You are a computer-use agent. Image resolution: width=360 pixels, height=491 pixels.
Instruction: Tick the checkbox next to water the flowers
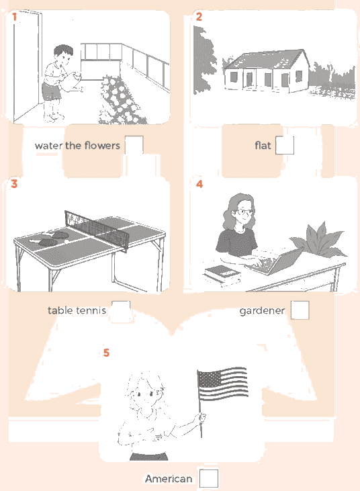(134, 145)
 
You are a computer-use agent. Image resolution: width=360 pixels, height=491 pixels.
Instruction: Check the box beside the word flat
(285, 145)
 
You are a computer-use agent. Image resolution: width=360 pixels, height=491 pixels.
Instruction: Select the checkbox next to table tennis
(121, 310)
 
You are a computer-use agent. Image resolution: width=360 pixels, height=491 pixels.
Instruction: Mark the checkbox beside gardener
(300, 310)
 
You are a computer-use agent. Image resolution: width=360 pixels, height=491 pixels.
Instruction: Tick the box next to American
(209, 478)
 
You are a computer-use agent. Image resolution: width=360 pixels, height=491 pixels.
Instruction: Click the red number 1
(14, 17)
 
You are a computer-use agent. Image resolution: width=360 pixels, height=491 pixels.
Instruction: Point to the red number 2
(199, 17)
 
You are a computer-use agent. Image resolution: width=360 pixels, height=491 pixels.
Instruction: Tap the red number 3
(14, 184)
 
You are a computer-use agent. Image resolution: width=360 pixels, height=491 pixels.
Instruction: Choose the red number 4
(199, 184)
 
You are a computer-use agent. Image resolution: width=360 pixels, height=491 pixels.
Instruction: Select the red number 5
(106, 353)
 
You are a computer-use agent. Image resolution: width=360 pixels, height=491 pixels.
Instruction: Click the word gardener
(262, 310)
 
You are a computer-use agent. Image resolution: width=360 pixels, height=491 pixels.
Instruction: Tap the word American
(169, 478)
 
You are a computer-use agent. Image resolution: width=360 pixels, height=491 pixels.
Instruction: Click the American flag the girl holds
(222, 384)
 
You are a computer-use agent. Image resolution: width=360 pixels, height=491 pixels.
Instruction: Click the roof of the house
(265, 60)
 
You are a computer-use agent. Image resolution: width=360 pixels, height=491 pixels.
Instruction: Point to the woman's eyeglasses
(244, 212)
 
